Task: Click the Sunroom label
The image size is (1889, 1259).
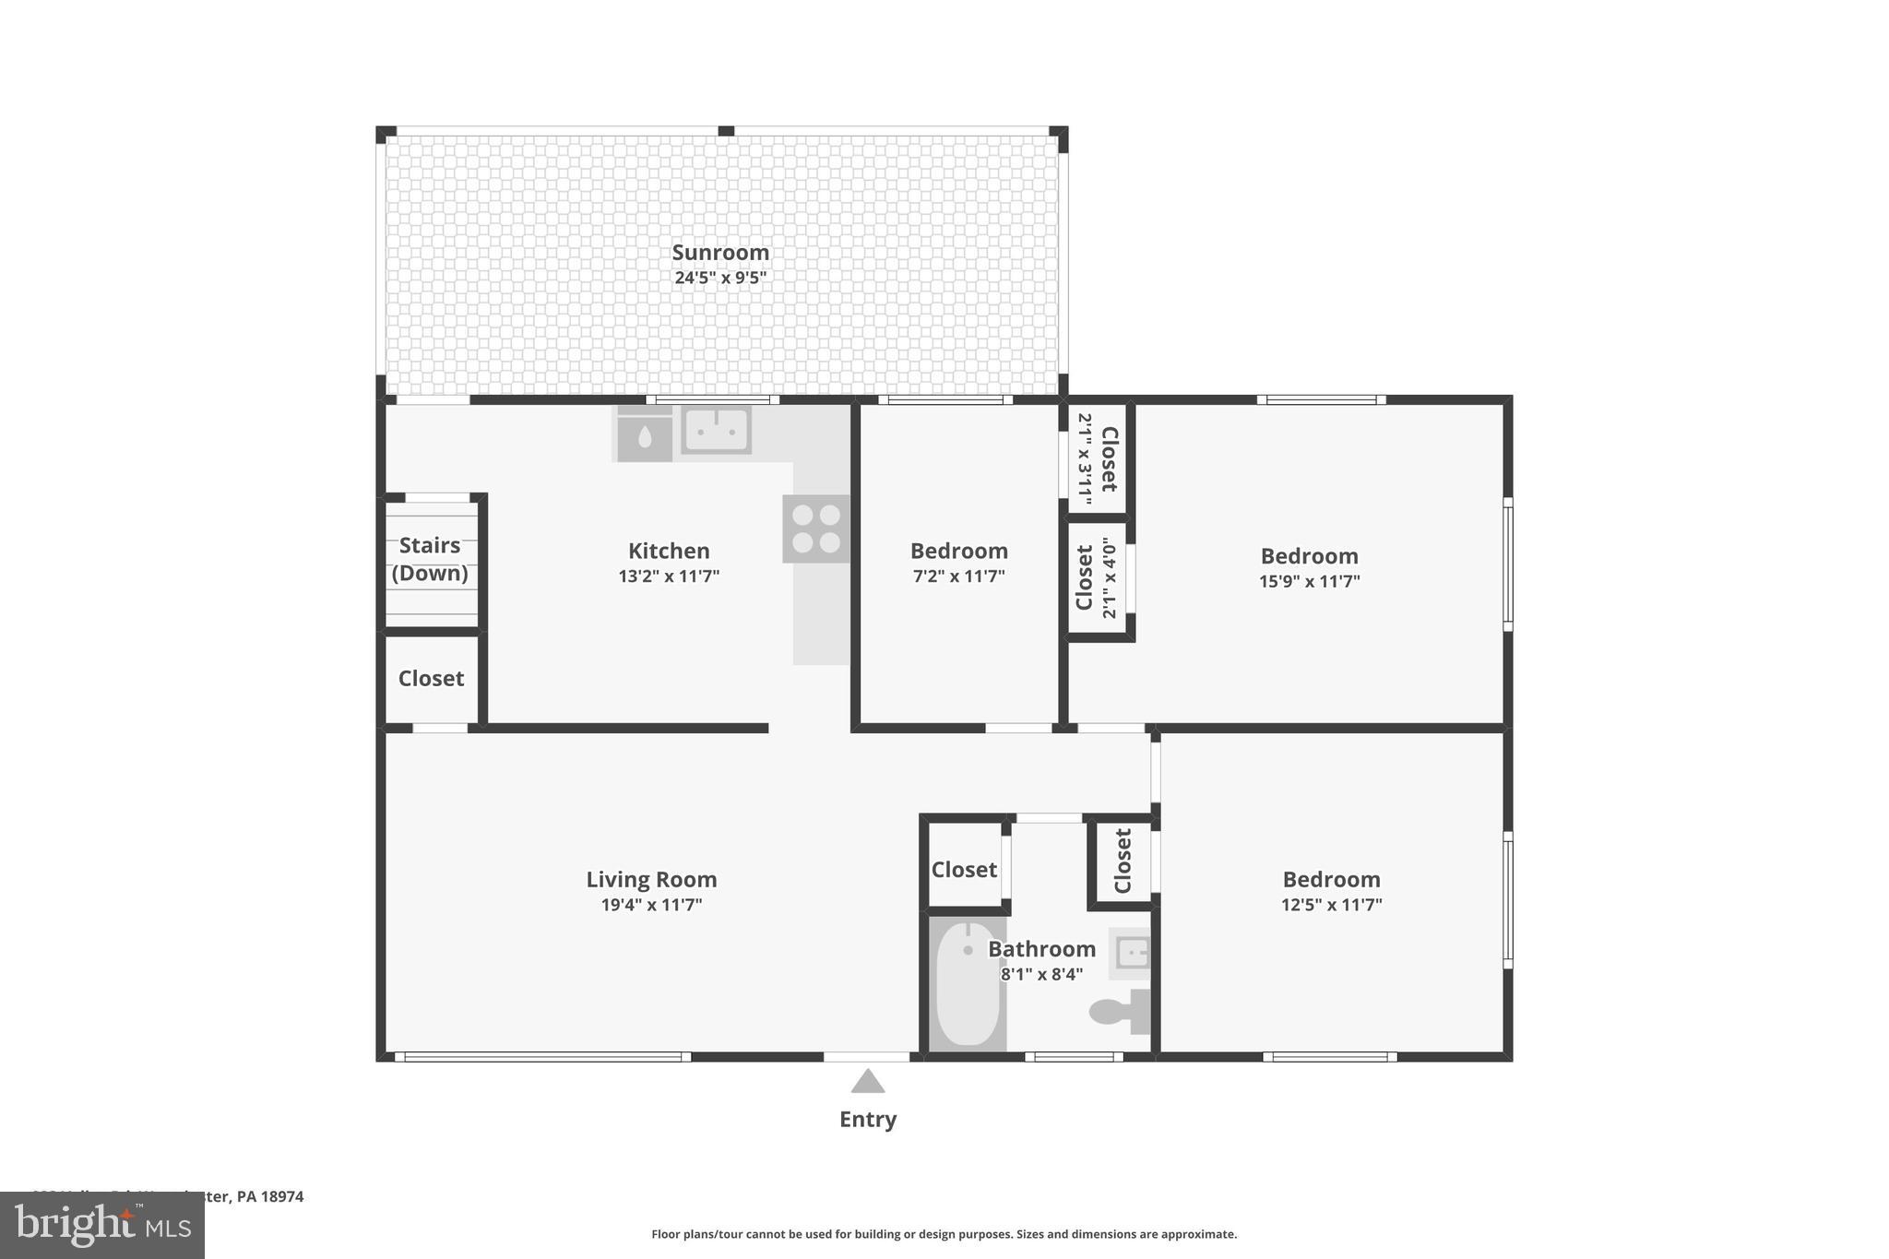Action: coord(719,253)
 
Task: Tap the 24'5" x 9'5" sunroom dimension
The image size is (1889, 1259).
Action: coord(719,278)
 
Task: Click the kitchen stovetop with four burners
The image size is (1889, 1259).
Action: coord(816,529)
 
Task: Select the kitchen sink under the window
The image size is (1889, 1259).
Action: coord(717,431)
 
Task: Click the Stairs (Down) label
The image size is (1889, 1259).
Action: coord(430,559)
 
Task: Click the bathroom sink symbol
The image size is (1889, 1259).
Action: coord(1131,953)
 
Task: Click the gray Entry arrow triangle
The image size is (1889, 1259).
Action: coord(867,1081)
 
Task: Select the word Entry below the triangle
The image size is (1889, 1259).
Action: coord(867,1120)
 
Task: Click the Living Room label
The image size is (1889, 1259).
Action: coord(651,880)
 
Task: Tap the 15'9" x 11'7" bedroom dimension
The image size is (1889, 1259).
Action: coord(1309,581)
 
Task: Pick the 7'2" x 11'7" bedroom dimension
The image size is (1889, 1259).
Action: coord(958,576)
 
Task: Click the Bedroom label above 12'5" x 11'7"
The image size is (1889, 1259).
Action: coord(1331,880)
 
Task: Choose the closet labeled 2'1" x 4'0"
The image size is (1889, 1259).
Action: coord(1096,578)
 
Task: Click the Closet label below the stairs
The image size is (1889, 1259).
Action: coord(431,679)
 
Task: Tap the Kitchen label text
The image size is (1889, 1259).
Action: coord(669,552)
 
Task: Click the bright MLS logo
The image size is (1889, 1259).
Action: coord(102,1225)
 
